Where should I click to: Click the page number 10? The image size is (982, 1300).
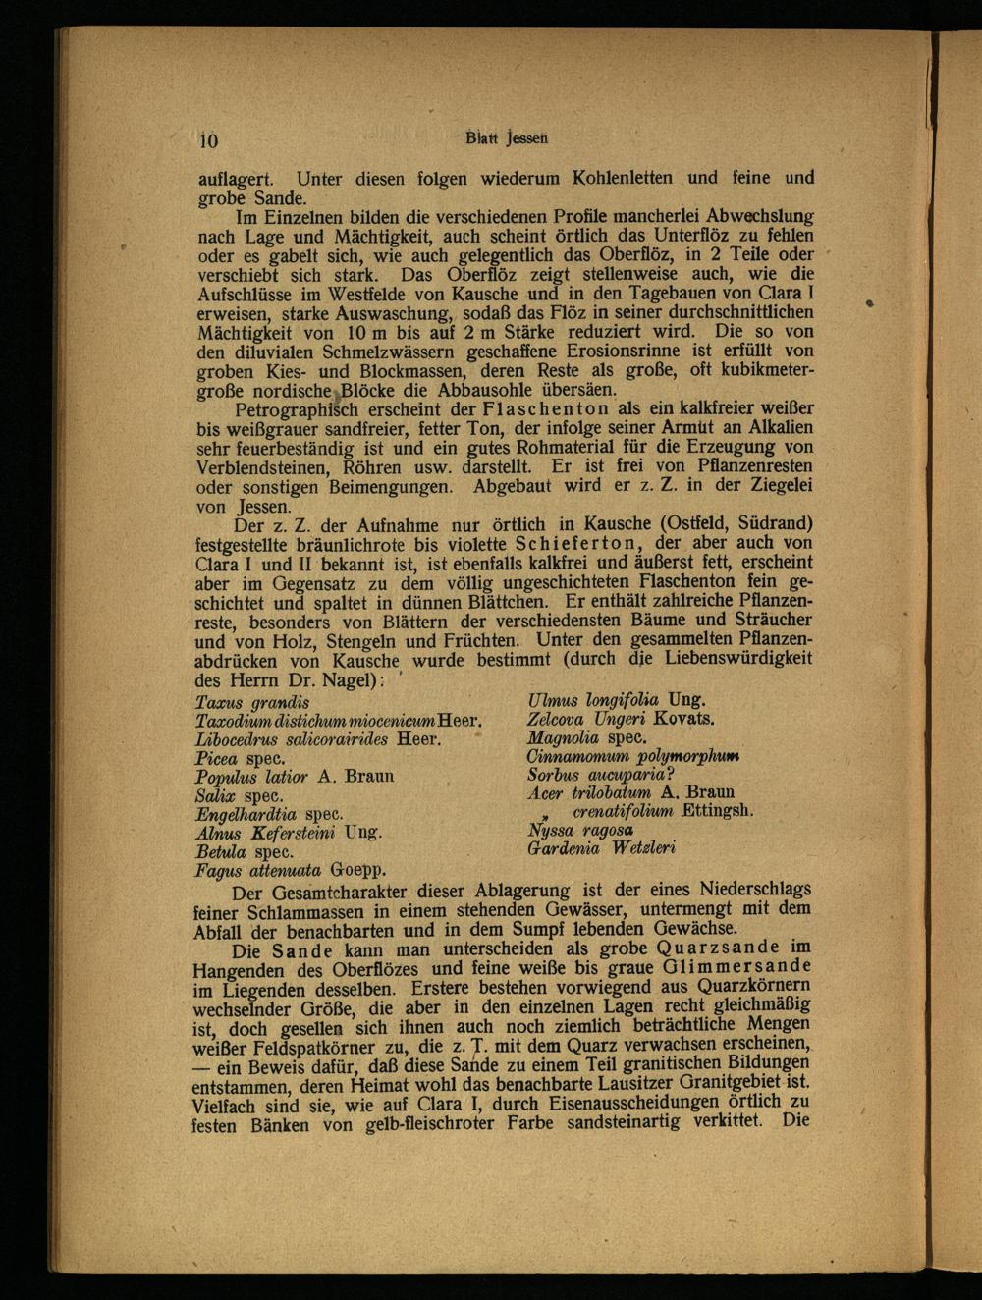(207, 139)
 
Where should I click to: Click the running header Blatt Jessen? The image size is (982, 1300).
(507, 138)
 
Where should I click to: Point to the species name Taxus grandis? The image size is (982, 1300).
(253, 703)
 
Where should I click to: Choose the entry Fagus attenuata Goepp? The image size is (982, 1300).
(291, 870)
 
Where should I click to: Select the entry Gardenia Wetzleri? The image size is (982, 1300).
(600, 846)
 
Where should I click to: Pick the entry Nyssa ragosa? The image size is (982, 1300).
(579, 829)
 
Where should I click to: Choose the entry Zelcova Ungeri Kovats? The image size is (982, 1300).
(621, 718)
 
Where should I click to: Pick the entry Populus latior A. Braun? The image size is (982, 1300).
(295, 777)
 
